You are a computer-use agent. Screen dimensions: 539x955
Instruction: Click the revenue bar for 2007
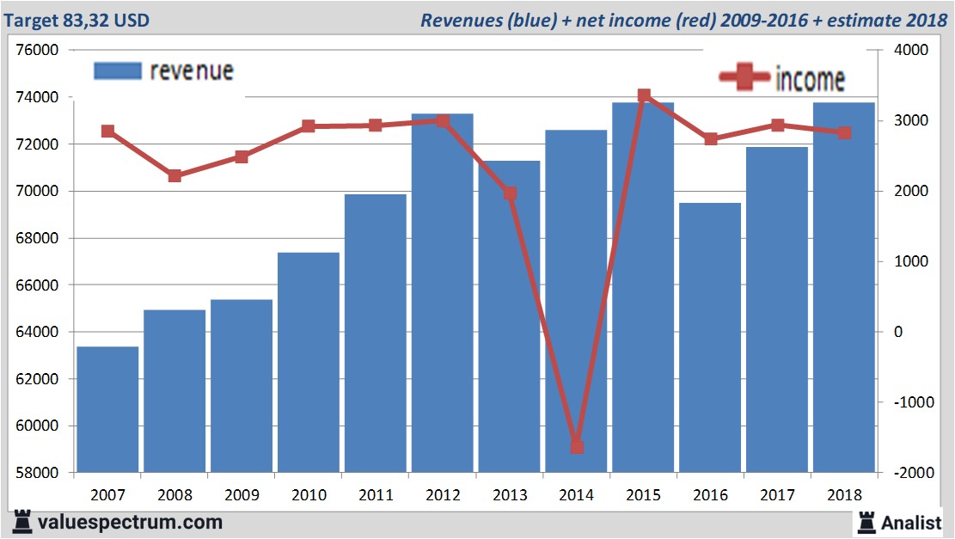pyautogui.click(x=107, y=409)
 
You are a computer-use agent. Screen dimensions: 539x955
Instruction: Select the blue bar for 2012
pyautogui.click(x=442, y=292)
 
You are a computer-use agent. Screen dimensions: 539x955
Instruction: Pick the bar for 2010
pyautogui.click(x=309, y=362)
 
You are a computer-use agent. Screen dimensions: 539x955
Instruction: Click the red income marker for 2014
pyautogui.click(x=577, y=447)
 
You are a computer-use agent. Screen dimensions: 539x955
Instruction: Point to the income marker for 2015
pyautogui.click(x=644, y=95)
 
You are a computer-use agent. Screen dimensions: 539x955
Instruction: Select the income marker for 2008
pyautogui.click(x=174, y=176)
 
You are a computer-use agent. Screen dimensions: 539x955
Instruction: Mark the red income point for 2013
pyautogui.click(x=510, y=193)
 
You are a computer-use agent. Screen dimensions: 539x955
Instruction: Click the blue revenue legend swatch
pyautogui.click(x=116, y=70)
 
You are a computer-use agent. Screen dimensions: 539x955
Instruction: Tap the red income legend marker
pyautogui.click(x=744, y=78)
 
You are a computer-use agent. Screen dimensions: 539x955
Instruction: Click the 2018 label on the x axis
pyautogui.click(x=844, y=495)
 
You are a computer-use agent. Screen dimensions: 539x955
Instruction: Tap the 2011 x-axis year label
pyautogui.click(x=376, y=495)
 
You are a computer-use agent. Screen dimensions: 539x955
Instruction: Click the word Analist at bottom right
pyautogui.click(x=912, y=522)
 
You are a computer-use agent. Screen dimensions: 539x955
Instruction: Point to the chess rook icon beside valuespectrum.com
pyautogui.click(x=22, y=521)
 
